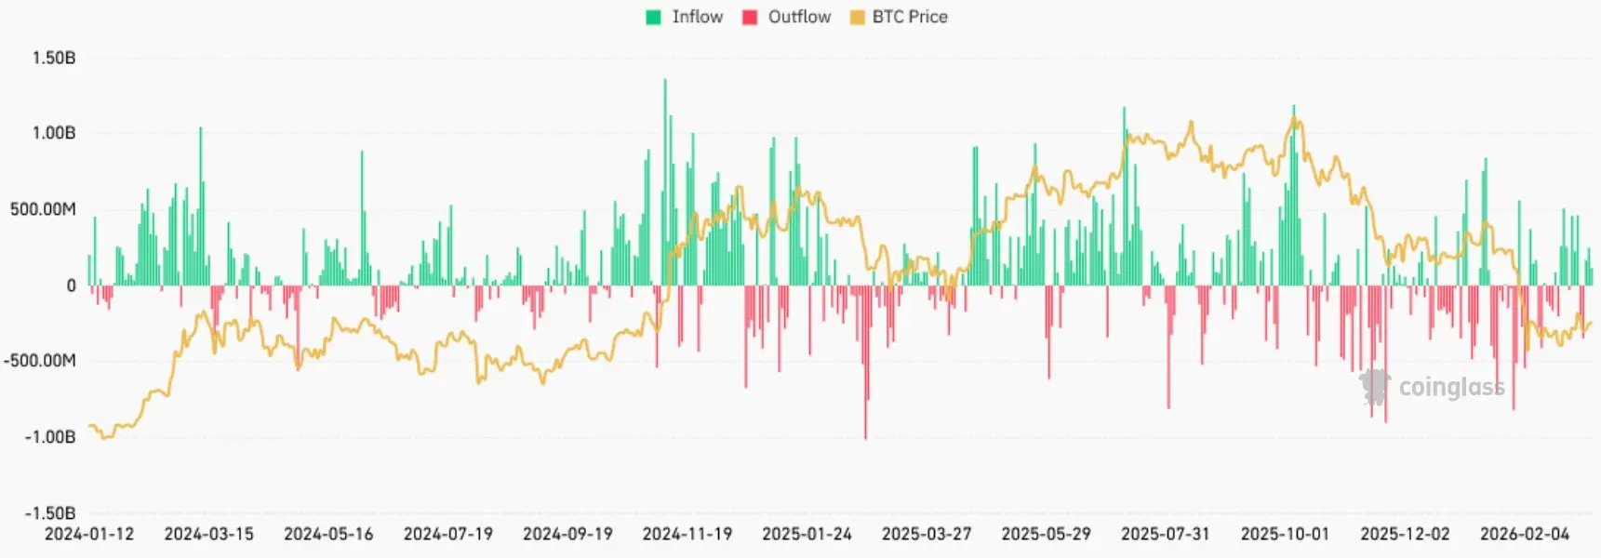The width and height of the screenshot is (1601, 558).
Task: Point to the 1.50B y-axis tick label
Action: [x=53, y=58]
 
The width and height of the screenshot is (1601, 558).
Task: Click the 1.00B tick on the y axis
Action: [x=53, y=133]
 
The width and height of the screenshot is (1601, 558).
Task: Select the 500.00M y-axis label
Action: [x=43, y=209]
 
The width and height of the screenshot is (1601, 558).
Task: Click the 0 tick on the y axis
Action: [x=71, y=286]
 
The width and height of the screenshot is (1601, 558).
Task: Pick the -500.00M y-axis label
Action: [x=39, y=361]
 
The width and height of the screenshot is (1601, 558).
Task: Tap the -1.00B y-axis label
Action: [x=49, y=437]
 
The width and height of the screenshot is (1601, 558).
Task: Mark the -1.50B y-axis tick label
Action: [x=49, y=513]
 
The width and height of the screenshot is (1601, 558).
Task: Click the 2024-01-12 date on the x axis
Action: [x=89, y=534]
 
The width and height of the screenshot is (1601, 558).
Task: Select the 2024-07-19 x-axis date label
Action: [x=447, y=534]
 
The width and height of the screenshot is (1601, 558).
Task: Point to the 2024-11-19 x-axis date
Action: [x=687, y=534]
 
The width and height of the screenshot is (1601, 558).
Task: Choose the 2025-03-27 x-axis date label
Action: [x=926, y=534]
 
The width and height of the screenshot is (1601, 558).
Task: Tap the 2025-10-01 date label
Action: [x=1285, y=534]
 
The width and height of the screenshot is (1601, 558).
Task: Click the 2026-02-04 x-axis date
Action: [x=1524, y=534]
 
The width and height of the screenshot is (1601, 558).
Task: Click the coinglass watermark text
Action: [x=1450, y=387]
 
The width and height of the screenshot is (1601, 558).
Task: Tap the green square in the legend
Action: [x=653, y=17]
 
